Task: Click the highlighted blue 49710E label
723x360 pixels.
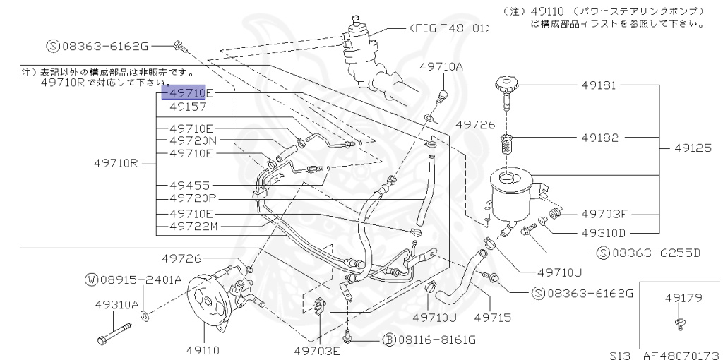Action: (x=187, y=92)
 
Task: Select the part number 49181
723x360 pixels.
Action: (x=599, y=86)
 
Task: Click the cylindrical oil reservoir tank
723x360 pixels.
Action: (x=514, y=194)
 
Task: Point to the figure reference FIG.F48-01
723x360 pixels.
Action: (x=449, y=28)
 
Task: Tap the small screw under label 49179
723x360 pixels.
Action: (x=680, y=323)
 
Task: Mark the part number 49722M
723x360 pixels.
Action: (x=193, y=227)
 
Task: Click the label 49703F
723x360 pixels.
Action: (x=604, y=212)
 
